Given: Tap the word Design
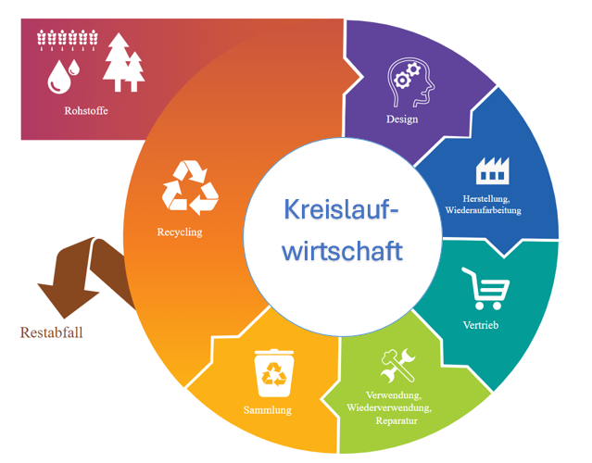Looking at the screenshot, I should tap(402, 119).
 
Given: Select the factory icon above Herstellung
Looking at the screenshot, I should tap(492, 169).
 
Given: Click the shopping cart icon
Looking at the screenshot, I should tap(487, 288).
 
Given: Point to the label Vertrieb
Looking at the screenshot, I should tap(482, 325).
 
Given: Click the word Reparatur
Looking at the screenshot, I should tap(397, 421).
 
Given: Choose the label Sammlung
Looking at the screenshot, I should tap(268, 410).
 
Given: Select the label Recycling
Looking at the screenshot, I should tap(180, 232).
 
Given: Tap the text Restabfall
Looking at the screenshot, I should tap(52, 332).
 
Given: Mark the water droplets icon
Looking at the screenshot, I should tap(64, 75).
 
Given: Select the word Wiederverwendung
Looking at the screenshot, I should tap(390, 408).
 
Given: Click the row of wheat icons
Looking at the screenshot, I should tap(67, 38).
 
